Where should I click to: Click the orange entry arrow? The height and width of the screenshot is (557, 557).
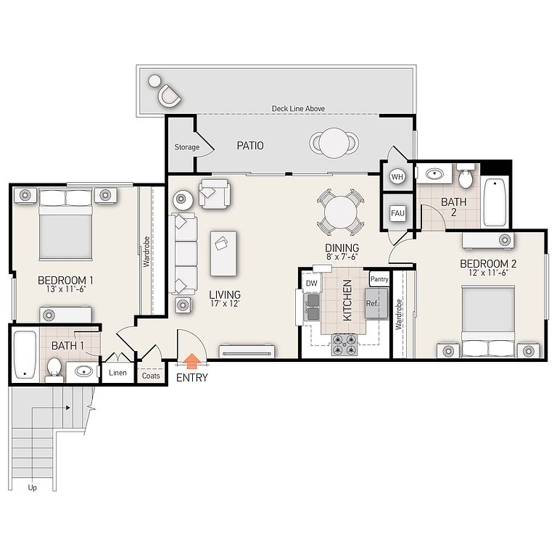click(191, 361)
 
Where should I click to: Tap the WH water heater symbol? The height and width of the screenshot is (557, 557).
click(397, 176)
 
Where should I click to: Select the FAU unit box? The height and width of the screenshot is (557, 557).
click(397, 213)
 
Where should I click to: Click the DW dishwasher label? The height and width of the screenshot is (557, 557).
click(311, 283)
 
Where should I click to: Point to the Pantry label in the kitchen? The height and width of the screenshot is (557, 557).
click(379, 278)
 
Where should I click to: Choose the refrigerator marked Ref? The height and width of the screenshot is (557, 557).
click(376, 303)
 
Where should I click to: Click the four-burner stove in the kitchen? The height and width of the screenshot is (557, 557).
click(344, 344)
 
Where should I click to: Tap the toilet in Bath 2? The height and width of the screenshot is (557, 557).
click(466, 176)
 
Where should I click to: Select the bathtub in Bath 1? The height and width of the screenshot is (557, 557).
click(25, 355)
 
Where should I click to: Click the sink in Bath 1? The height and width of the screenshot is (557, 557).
click(84, 371)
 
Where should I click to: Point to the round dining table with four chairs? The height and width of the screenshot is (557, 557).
click(340, 213)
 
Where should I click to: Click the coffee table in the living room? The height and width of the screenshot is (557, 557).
click(223, 253)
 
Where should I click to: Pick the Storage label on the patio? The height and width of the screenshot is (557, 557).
click(187, 147)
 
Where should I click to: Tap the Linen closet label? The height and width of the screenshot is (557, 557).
click(117, 373)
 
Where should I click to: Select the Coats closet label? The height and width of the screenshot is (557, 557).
click(151, 376)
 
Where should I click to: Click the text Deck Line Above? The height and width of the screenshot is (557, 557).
click(298, 108)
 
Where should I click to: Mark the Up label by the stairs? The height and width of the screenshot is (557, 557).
click(33, 487)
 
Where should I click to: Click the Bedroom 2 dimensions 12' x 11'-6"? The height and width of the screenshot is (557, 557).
click(488, 273)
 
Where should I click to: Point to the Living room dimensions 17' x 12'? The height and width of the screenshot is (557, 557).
click(225, 303)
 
